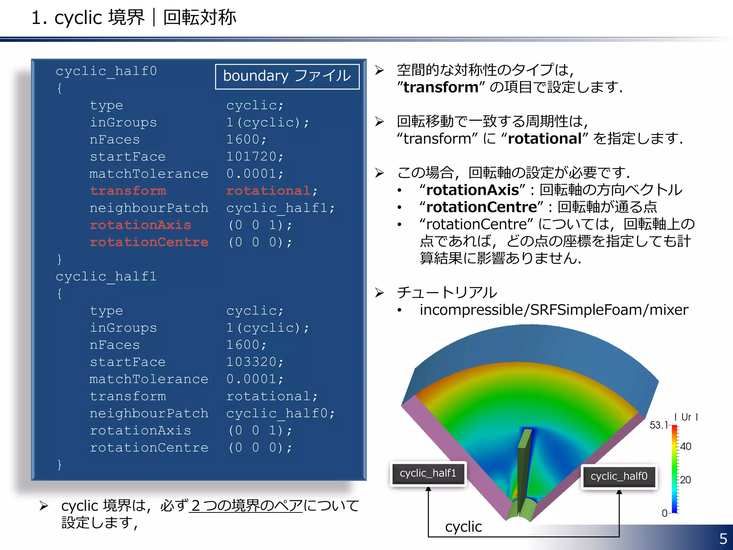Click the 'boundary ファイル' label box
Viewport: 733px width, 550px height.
287,76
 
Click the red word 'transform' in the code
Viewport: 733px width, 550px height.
128,190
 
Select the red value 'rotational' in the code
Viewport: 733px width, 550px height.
268,190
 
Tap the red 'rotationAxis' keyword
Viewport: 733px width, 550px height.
140,225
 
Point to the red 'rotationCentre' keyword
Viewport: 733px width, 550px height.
149,242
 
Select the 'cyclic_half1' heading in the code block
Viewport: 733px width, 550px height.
106,276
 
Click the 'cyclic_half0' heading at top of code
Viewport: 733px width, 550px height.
106,71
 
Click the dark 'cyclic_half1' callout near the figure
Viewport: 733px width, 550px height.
428,473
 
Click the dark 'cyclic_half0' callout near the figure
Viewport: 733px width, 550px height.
619,476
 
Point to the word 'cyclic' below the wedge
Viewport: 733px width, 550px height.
463,527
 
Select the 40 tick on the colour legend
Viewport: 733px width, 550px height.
685,447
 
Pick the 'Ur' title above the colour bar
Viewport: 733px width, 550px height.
686,417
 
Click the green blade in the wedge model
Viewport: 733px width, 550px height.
523,473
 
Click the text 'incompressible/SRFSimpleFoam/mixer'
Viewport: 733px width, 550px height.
554,310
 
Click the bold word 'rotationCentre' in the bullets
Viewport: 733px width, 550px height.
482,207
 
